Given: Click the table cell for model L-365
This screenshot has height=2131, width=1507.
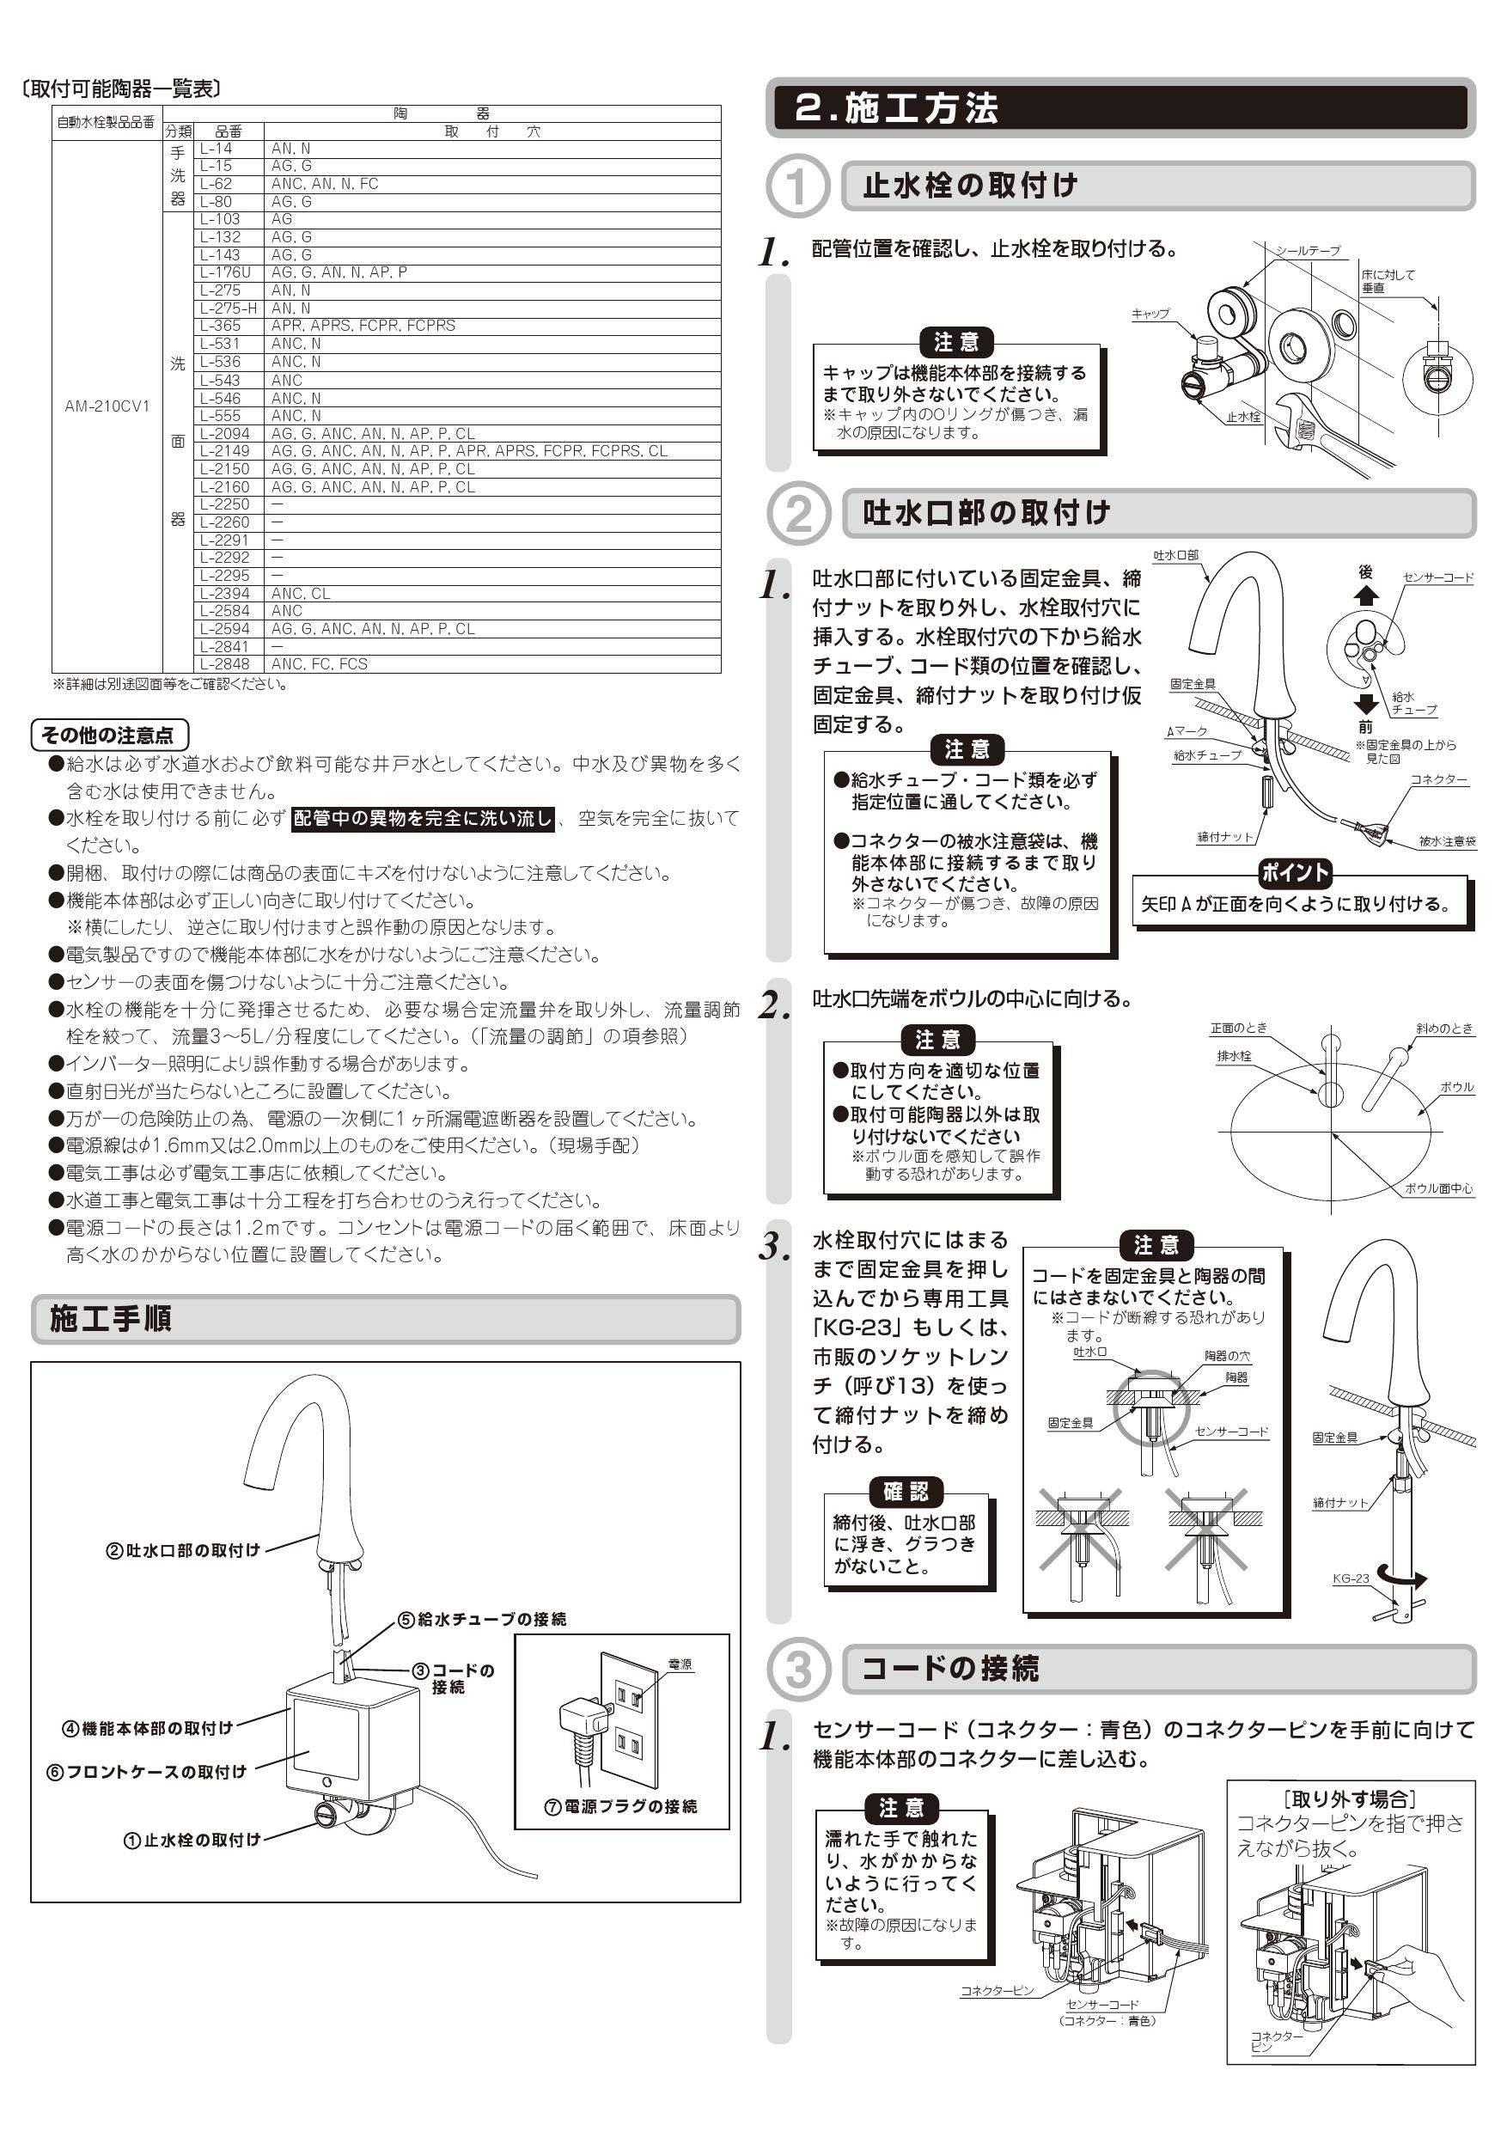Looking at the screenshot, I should coord(221,326).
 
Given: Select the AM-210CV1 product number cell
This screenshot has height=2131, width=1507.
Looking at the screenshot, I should coord(107,406).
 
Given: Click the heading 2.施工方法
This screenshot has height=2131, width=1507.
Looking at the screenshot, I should coord(896,108).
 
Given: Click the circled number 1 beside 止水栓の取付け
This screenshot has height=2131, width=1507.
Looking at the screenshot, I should coord(796,186).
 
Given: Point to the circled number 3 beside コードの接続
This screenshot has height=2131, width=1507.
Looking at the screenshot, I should coord(797,1669).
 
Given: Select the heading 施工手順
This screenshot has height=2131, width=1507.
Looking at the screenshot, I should coord(111,1319).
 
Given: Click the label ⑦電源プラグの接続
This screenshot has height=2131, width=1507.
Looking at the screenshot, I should coord(621,1806).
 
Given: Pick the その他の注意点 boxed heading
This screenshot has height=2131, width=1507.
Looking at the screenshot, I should coord(109,736).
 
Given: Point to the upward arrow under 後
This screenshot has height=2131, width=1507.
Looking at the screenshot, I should coord(1365,595).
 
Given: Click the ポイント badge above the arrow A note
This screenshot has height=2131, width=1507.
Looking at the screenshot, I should coord(1295,872).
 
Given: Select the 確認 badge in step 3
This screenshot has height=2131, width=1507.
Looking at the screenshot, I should coord(906,1492).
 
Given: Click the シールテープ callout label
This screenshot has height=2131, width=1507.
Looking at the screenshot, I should coord(1307,251).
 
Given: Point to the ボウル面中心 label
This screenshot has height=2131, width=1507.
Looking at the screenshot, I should coord(1438,1188).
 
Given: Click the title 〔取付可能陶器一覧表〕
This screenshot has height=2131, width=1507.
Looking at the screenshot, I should coord(121,89).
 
